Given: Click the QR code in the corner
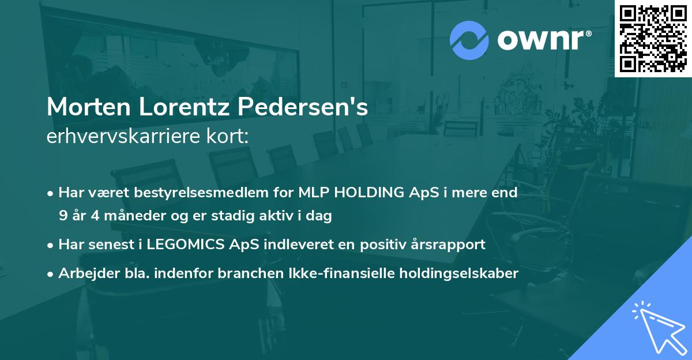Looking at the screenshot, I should (652, 38).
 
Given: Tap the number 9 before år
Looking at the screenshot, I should (62, 216).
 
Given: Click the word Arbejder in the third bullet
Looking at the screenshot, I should (85, 273).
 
